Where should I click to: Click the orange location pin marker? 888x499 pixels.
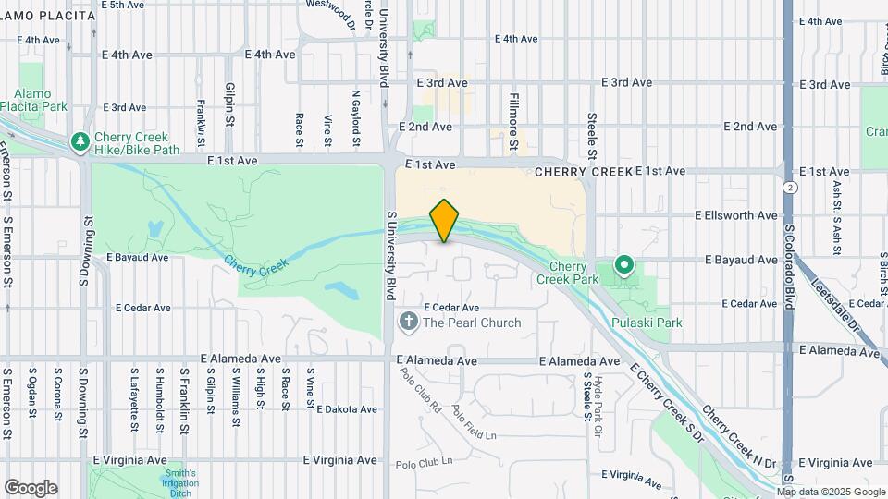(445, 220)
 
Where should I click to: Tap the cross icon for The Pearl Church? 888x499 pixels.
(408, 323)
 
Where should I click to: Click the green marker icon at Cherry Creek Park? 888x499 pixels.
(624, 266)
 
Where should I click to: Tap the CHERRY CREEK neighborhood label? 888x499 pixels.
(584, 172)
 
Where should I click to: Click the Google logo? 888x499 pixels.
(31, 488)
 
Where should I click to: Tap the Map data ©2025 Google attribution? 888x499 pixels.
(832, 492)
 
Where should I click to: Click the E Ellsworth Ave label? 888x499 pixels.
(736, 215)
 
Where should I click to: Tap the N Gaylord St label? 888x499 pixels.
(355, 118)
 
